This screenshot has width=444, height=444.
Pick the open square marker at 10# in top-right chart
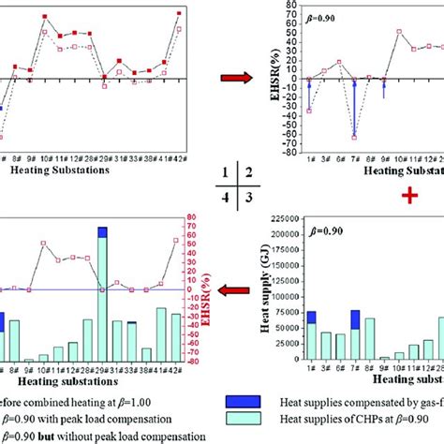coord(400,31)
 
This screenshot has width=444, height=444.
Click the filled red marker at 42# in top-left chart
coord(179,14)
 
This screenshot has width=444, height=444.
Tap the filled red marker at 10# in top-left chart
coord(44,30)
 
